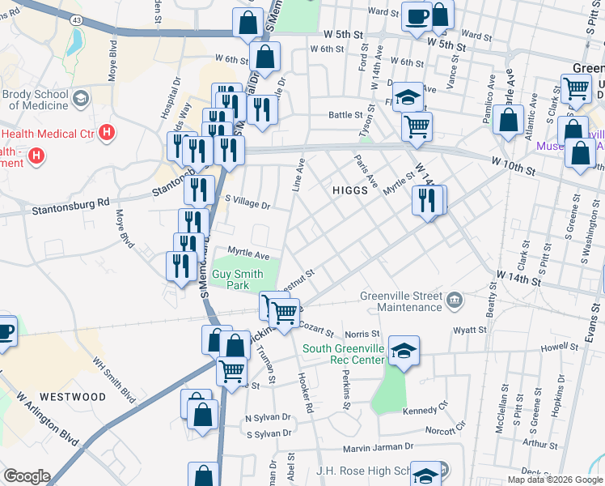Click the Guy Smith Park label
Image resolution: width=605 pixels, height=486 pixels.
(237, 280)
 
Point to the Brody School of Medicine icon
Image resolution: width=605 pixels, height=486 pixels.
(81, 99)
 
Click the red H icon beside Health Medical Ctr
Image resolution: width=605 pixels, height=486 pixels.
(107, 131)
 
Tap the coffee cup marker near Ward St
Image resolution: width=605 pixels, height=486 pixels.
(417, 17)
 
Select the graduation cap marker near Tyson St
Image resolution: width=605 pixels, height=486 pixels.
(410, 98)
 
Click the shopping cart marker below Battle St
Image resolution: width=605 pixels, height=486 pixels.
(417, 126)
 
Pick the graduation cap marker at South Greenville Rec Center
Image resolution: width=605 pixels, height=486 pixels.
(403, 350)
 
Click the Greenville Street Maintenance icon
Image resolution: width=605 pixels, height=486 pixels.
(455, 301)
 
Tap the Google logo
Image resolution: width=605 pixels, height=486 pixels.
(26, 476)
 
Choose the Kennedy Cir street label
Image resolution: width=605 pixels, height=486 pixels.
(424, 411)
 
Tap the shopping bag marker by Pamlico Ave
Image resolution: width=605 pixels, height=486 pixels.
(510, 121)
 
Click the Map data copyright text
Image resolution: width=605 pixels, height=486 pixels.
(555, 480)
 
